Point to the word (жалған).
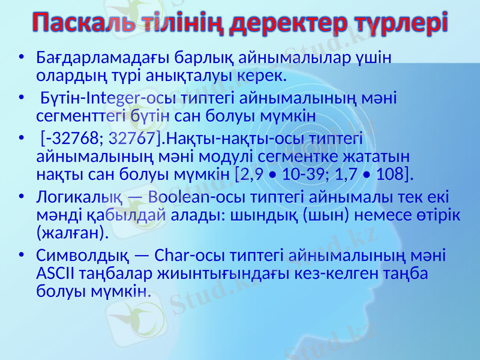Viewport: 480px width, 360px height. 73,232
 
